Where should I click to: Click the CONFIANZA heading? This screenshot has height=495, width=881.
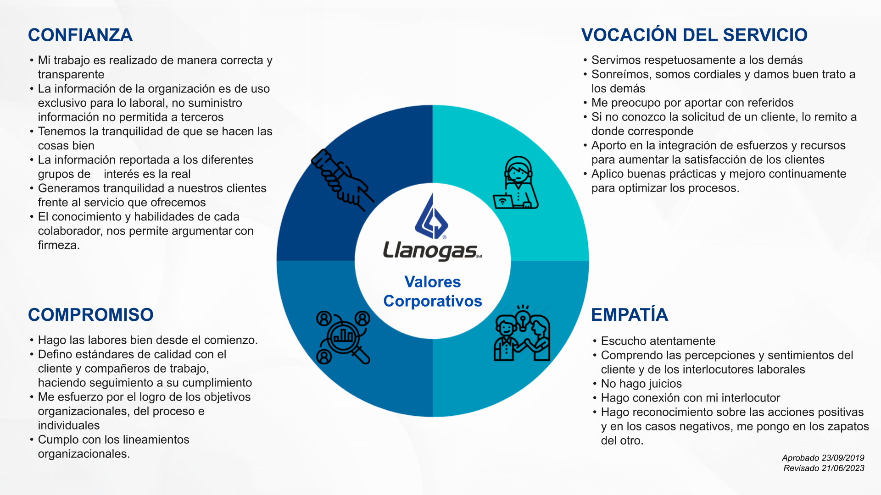(x=80, y=35)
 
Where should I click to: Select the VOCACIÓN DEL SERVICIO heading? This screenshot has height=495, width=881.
(x=694, y=35)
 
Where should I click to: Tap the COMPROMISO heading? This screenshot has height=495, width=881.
(x=91, y=315)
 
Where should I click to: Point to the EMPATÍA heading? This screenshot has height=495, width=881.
(x=630, y=315)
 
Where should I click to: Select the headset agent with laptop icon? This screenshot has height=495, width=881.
(x=516, y=183)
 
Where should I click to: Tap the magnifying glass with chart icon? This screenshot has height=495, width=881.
(x=343, y=338)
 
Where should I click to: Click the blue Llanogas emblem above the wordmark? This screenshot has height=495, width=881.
(x=431, y=217)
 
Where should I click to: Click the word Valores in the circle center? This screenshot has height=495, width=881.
(x=432, y=282)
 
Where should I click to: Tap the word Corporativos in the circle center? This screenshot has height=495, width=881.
(x=432, y=301)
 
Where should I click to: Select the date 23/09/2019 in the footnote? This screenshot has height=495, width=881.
(x=843, y=458)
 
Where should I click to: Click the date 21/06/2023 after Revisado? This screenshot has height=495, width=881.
(x=843, y=468)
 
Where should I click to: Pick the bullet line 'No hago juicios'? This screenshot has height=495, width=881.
(x=641, y=384)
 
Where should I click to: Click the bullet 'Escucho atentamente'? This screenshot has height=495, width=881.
(x=658, y=341)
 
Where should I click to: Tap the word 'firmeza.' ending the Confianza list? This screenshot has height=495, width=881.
(x=59, y=245)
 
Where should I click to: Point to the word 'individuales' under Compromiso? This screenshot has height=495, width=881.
(x=69, y=425)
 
